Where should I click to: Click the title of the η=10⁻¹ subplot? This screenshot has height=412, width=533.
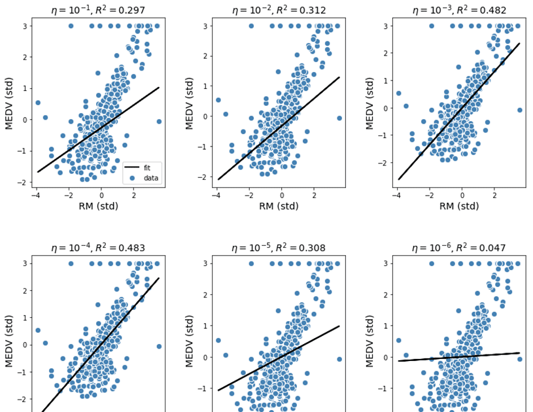[x=98, y=10]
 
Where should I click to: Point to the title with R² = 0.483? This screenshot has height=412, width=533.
[x=98, y=248]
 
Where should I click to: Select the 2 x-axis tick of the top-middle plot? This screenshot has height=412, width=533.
[x=315, y=195]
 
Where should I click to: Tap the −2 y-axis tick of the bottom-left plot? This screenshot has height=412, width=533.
[x=23, y=399]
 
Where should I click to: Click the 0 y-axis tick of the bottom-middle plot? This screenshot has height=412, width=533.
[x=205, y=358]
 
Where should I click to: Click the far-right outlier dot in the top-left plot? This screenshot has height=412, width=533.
[x=159, y=122]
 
